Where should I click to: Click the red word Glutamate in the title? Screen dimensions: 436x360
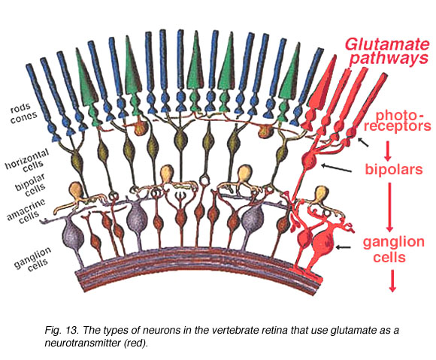(387, 44)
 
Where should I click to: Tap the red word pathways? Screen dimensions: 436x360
(389, 59)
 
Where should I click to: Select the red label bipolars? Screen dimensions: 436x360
(394, 169)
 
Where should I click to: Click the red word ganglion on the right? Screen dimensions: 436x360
(393, 243)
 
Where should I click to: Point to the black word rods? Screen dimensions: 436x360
(20, 108)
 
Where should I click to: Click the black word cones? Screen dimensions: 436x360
(23, 117)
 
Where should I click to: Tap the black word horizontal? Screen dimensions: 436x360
(27, 159)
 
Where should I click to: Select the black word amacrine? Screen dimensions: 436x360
(26, 210)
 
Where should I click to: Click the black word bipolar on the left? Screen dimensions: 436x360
(30, 182)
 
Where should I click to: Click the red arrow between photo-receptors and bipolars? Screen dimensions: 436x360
(389, 149)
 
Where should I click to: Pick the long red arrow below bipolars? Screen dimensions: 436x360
(389, 207)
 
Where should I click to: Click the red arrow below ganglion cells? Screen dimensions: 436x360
(392, 281)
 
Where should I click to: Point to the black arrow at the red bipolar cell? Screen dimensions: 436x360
(336, 168)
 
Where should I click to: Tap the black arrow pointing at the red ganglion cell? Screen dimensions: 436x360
(343, 247)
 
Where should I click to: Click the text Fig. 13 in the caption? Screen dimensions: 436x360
(61, 331)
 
